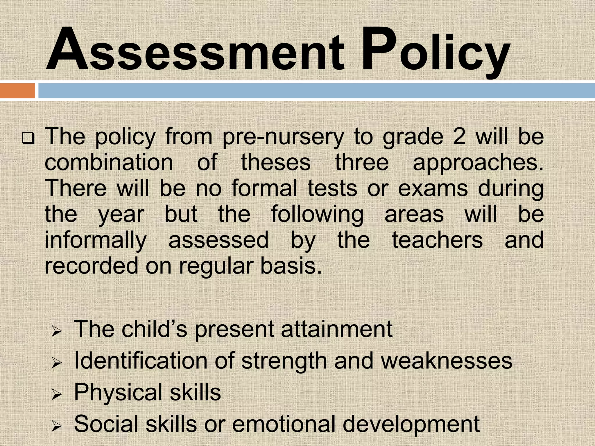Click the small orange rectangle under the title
[17, 91]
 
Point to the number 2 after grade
[459, 136]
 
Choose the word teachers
[437, 240]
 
